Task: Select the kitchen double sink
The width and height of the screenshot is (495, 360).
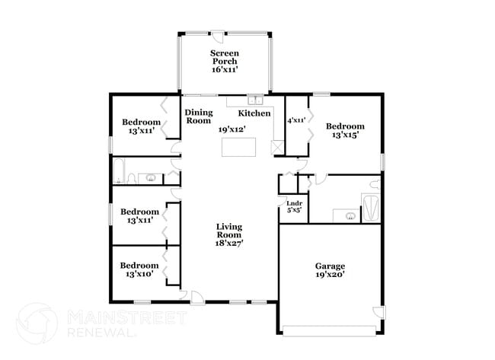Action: [254, 100]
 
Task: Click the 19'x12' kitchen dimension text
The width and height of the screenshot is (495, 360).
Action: [232, 129]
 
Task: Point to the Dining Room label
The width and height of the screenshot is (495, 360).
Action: [199, 116]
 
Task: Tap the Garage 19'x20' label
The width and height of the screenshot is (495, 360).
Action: [330, 271]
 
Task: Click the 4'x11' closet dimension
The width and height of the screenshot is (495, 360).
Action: [295, 120]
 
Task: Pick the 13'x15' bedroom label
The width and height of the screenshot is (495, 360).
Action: [345, 131]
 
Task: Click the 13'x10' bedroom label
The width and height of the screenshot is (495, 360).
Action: [139, 269]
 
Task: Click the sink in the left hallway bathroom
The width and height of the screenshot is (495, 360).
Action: [151, 179]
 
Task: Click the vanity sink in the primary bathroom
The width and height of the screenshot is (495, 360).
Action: [350, 216]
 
